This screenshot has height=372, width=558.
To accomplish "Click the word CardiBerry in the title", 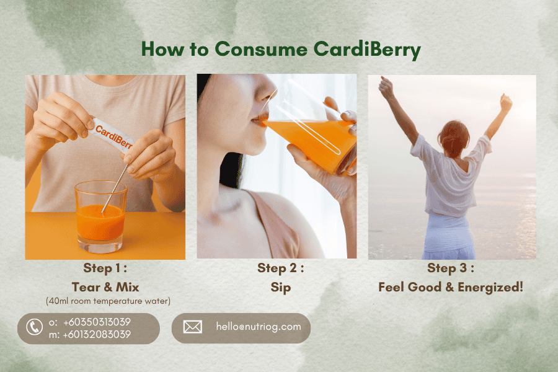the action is click(x=367, y=50).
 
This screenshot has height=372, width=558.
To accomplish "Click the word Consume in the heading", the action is click(x=261, y=49).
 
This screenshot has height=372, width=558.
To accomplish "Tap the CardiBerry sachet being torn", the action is click(x=112, y=135).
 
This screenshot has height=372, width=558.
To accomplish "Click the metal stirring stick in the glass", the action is click(x=114, y=188).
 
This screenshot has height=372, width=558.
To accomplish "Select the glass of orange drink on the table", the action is click(x=100, y=216).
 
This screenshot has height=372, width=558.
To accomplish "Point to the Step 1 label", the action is click(x=105, y=268).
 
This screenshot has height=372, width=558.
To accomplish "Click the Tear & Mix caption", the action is click(x=105, y=287).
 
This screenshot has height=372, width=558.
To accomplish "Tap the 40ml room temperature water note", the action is click(x=108, y=301).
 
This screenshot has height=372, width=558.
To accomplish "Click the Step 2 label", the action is click(x=280, y=268).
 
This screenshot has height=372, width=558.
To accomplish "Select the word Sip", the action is click(x=280, y=288).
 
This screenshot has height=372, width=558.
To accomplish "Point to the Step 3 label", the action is click(x=451, y=268).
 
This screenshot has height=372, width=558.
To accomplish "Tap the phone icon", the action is click(x=35, y=327).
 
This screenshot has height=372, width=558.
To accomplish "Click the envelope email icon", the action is click(x=193, y=327).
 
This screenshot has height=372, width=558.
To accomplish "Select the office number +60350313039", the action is click(x=97, y=322).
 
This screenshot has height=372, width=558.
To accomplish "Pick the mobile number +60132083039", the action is click(x=97, y=334).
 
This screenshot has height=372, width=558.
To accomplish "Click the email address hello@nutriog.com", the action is click(x=259, y=327).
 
